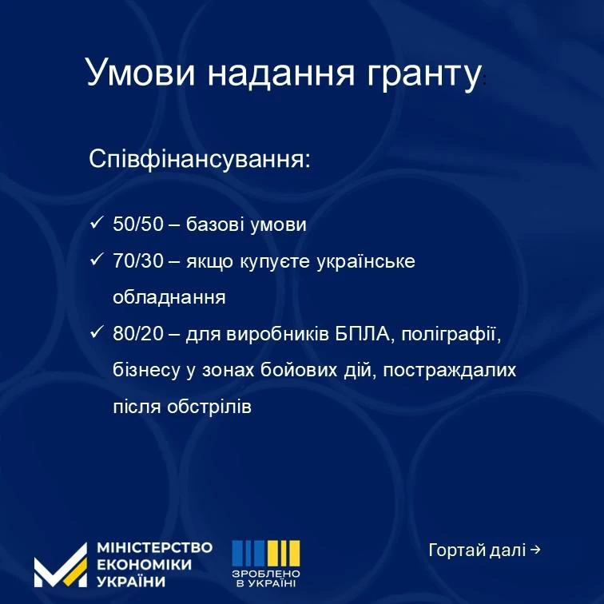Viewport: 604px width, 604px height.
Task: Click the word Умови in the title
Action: point(141,73)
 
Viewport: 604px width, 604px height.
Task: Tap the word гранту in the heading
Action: point(423,75)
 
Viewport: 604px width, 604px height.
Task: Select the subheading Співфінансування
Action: point(200,159)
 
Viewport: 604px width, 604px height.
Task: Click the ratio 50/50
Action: point(138,225)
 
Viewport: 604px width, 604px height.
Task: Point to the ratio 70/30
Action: point(138,260)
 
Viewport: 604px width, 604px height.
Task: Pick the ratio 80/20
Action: point(138,334)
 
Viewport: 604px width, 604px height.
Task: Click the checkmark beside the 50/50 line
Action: point(97,223)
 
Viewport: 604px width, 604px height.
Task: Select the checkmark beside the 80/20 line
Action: point(97,332)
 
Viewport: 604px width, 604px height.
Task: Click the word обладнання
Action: point(169,297)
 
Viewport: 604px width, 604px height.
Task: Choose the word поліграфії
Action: point(451,334)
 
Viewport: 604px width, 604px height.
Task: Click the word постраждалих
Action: point(450,371)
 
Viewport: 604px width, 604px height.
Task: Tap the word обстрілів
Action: point(209,407)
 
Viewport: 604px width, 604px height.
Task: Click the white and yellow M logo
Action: point(61,566)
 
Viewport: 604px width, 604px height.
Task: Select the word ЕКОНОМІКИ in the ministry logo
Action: point(144,564)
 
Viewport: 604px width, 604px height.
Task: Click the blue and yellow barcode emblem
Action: point(266,553)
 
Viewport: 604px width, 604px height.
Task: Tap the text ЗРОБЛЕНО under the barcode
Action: point(266,574)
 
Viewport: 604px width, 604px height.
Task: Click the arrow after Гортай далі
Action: point(535,550)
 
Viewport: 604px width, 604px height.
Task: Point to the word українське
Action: point(366,262)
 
